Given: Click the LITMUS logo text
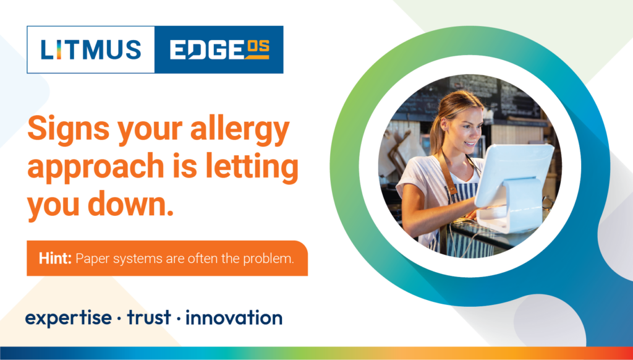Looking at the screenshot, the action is (x=91, y=49).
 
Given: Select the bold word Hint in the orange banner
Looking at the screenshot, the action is (x=55, y=258).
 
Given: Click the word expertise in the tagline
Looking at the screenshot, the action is (x=68, y=318).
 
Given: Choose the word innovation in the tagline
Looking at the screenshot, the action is (x=234, y=317).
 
